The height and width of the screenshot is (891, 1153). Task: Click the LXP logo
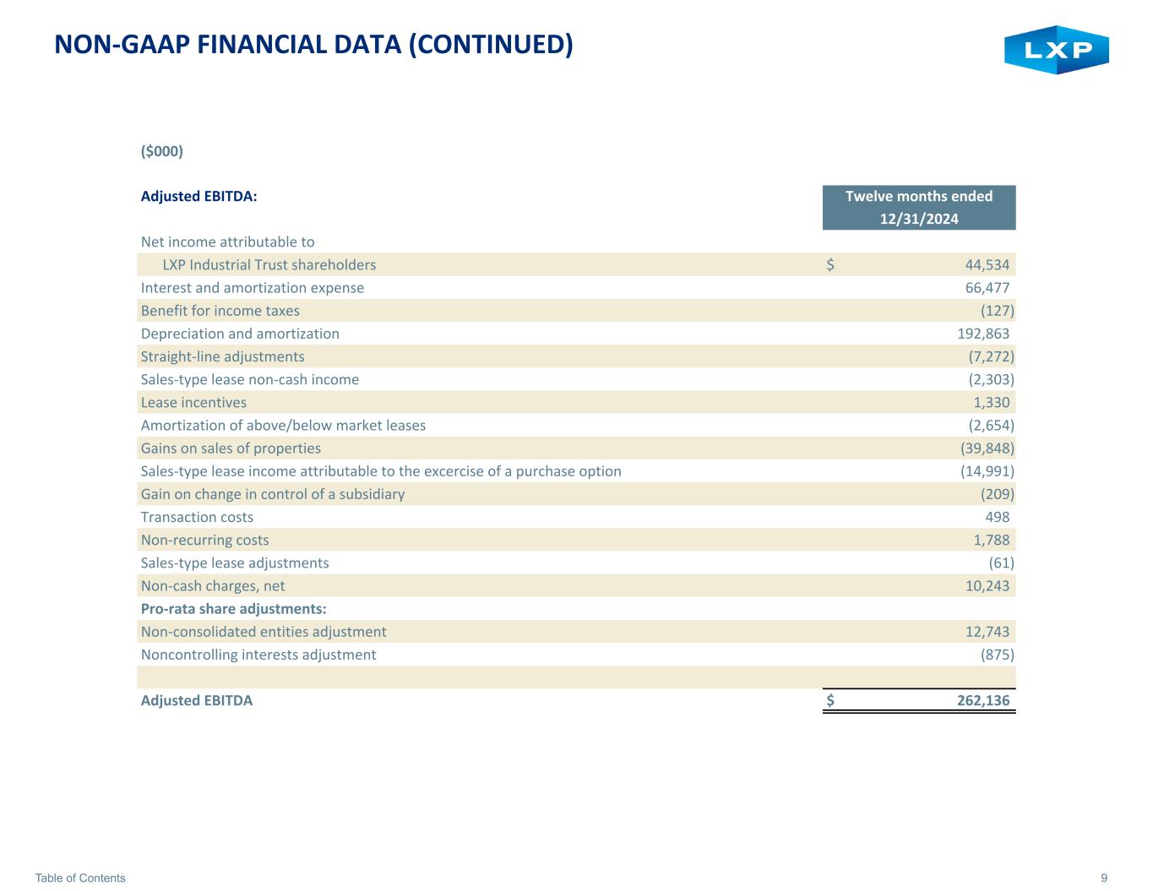(1057, 50)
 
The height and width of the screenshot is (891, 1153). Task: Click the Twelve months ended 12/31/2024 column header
(919, 208)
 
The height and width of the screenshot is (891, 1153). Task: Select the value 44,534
(987, 264)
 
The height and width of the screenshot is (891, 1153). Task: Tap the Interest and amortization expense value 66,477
(987, 288)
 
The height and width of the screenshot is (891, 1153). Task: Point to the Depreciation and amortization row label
(240, 334)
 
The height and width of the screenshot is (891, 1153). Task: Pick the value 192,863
(983, 334)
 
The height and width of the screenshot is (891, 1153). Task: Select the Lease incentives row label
(193, 403)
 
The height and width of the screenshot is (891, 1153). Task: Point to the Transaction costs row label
(197, 517)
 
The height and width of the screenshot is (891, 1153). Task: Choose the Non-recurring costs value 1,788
(991, 540)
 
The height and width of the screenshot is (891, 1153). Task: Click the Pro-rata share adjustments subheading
(233, 609)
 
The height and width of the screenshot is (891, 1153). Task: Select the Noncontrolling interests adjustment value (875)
(997, 655)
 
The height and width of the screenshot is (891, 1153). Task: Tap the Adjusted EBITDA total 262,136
(983, 701)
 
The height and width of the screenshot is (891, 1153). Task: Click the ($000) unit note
(162, 151)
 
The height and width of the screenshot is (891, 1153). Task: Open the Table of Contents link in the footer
(80, 877)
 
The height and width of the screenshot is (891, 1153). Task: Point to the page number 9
(1104, 877)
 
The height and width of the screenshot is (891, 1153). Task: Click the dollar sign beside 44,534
(830, 264)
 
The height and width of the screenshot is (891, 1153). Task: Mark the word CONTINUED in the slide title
(492, 44)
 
